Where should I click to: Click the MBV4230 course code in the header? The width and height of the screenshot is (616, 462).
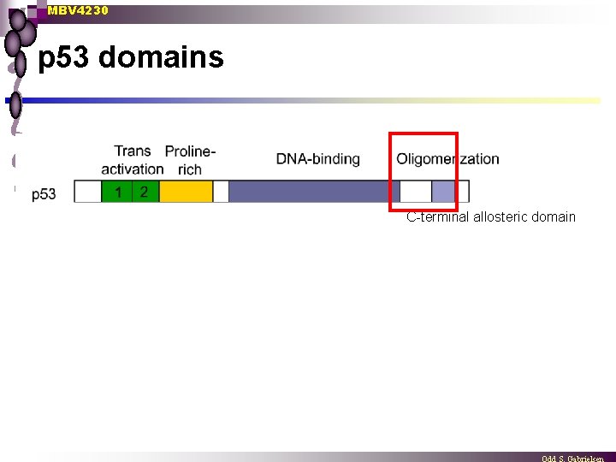point(78,10)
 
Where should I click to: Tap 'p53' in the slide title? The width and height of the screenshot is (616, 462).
point(65,58)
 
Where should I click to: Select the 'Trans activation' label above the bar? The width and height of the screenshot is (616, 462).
point(132,160)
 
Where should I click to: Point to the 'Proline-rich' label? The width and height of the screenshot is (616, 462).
point(190,160)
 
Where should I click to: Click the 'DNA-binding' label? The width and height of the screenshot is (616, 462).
point(317,159)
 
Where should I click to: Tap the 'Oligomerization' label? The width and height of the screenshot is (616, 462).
point(447,159)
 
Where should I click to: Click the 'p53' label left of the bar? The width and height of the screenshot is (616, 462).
point(44,194)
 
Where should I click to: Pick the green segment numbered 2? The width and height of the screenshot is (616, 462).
point(145,192)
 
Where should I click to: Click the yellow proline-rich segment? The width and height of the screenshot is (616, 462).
point(186,192)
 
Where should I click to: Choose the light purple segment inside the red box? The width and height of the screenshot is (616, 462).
point(443,192)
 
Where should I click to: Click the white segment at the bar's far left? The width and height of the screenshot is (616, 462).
point(87,192)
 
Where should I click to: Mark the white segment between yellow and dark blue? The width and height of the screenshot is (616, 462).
point(221,192)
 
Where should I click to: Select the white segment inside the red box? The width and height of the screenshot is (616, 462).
point(417,192)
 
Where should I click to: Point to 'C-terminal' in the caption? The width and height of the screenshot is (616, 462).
point(435,217)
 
